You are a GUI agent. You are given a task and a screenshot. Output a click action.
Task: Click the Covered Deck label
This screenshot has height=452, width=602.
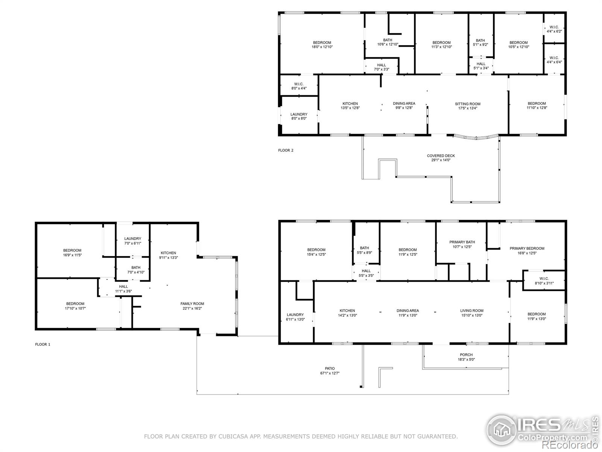(441, 156)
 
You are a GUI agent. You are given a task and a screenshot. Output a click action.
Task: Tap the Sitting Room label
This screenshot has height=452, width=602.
(467, 104)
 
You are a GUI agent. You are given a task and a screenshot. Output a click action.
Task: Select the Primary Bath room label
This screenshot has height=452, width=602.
(462, 242)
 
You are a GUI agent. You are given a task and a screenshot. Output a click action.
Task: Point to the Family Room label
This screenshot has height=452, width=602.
(192, 304)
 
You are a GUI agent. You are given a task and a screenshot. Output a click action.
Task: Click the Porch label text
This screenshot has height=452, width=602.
(466, 355)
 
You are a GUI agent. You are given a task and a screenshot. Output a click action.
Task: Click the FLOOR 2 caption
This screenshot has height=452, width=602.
(286, 150)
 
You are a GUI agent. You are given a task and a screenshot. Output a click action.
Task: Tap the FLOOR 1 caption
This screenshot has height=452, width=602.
(43, 344)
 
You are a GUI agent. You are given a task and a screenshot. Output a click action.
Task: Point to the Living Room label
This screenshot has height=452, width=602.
(471, 311)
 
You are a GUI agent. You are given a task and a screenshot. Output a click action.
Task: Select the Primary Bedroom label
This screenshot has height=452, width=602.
(527, 249)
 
